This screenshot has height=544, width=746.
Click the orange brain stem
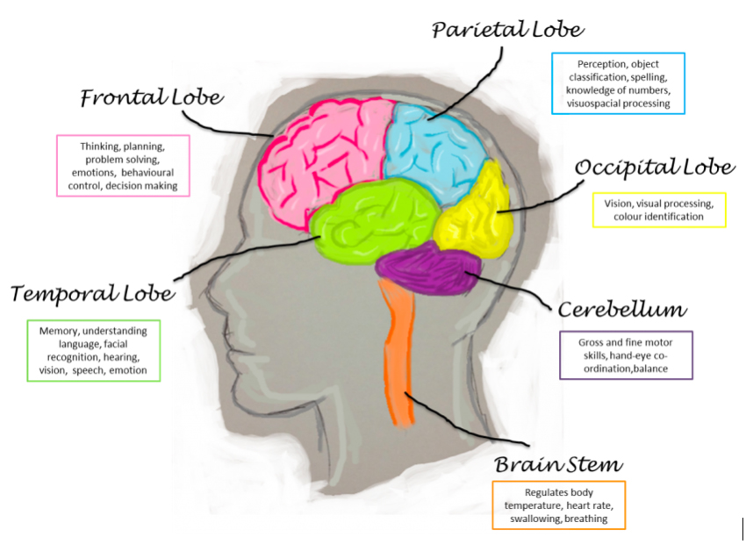[398, 351]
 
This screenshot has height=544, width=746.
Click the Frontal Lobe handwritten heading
[152, 97]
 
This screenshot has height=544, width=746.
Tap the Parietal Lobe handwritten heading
[507, 30]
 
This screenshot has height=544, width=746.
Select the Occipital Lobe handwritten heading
[654, 167]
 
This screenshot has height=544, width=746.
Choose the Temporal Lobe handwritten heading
[92, 292]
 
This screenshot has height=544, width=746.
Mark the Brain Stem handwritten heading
[558, 464]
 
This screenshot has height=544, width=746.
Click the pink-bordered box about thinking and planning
[123, 164]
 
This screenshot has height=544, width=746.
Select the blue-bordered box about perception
[618, 83]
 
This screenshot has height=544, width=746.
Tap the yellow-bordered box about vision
[659, 210]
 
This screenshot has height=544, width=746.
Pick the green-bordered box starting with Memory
[93, 351]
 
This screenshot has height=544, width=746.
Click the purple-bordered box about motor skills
[627, 354]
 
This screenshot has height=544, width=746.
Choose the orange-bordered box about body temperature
[558, 505]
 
